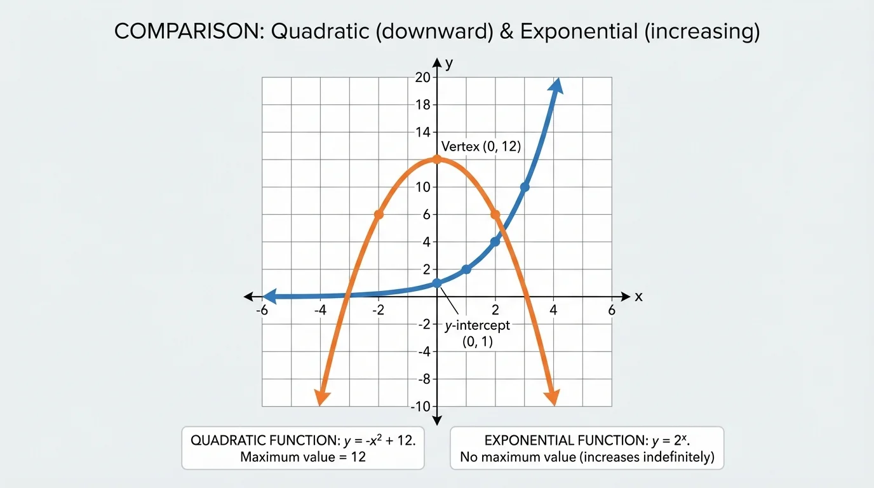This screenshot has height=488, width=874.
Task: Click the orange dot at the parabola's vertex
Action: point(437,159)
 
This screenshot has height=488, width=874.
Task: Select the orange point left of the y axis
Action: point(379,215)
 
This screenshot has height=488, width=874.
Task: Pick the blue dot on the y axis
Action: point(437,283)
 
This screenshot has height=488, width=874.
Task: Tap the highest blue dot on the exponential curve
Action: point(525,187)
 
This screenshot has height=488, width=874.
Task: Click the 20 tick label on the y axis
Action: point(422,78)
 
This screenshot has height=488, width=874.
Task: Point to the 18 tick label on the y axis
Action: point(422,105)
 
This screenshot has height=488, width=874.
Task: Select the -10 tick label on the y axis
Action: point(420,406)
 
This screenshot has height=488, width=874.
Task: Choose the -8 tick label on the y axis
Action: point(422,379)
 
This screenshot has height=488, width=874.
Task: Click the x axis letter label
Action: point(638,297)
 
